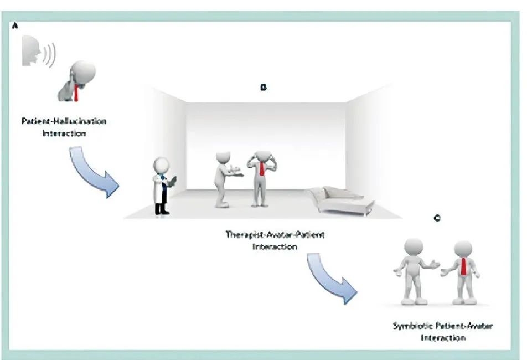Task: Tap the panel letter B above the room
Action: pos(263,88)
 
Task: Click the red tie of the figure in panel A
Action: pos(76,91)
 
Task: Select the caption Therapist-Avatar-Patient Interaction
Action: pos(275,240)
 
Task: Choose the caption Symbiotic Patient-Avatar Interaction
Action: pos(442,331)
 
